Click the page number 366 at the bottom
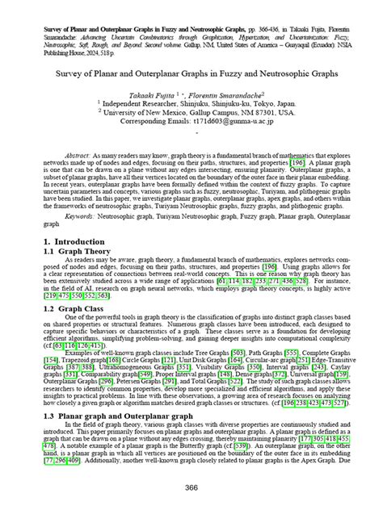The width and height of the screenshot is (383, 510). click(191, 487)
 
